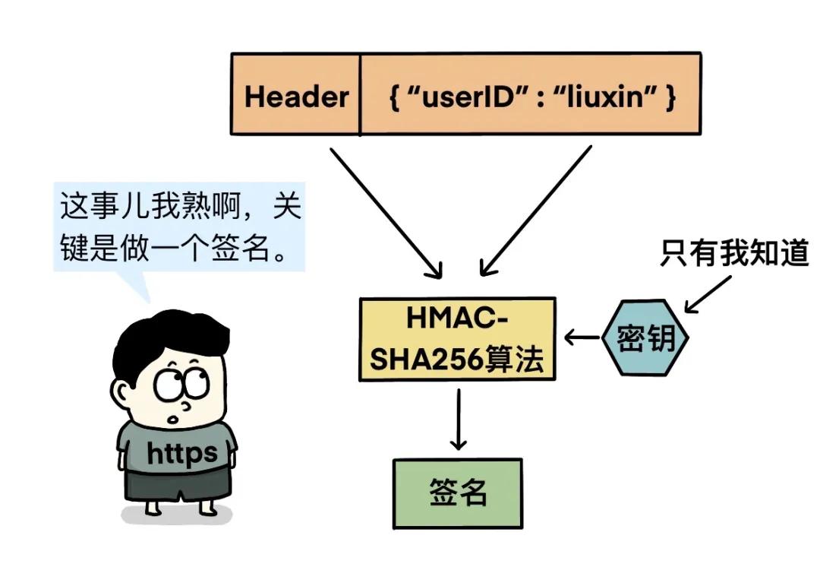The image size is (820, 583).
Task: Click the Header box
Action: pos(296,96)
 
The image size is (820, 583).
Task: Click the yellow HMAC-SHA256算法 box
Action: pos(457,338)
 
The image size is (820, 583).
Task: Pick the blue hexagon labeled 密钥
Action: pos(645,338)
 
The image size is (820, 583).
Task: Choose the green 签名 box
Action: pos(458,493)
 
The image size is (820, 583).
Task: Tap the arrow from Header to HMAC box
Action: pos(383,209)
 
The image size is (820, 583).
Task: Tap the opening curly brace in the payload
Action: pos(395,97)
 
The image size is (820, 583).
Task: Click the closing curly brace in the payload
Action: pos(670,97)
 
